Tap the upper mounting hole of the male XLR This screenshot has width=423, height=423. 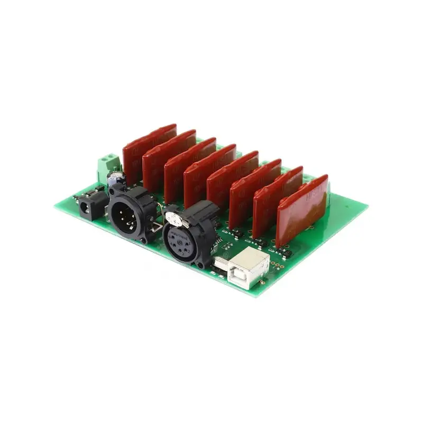pyautogui.click(x=113, y=189)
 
